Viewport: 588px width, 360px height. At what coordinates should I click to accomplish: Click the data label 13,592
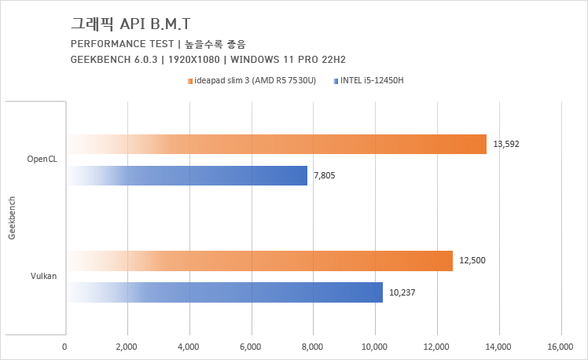[x=506, y=145]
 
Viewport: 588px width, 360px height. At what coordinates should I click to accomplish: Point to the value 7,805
[x=324, y=175]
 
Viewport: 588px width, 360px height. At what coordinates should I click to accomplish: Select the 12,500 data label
[x=472, y=260]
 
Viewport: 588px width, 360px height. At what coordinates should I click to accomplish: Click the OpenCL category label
[x=42, y=160]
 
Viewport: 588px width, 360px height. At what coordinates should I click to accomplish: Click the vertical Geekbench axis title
[x=12, y=217]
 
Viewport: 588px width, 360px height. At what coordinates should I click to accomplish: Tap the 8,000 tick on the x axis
[x=313, y=346]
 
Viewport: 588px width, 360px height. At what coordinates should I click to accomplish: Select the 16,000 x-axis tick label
[x=560, y=346]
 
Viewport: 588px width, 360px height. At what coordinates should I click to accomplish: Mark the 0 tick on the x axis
[x=64, y=346]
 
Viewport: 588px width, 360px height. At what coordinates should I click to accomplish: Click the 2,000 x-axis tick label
[x=127, y=346]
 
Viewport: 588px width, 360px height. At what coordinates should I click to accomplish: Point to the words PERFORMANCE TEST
[x=115, y=43]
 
